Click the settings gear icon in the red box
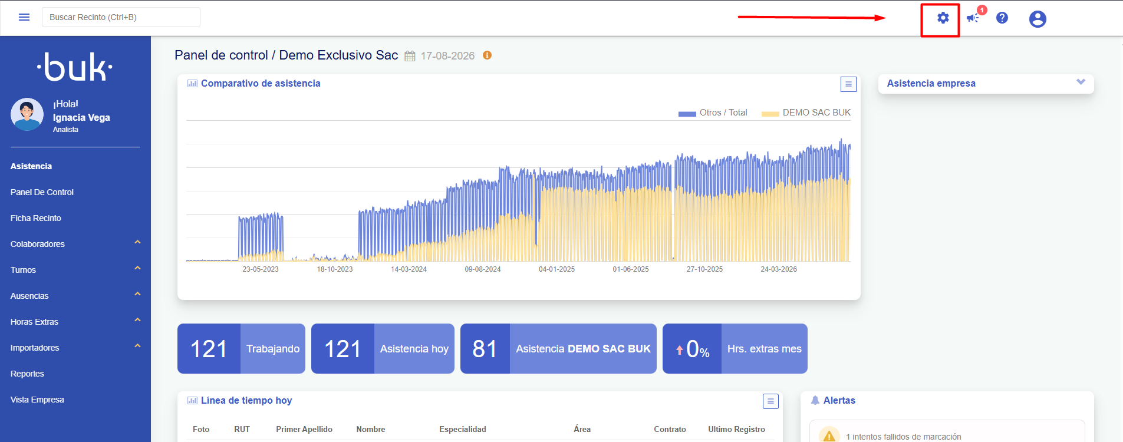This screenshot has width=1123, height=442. (x=943, y=18)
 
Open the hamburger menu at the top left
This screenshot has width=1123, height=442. (x=24, y=17)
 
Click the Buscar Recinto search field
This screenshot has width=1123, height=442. (x=121, y=17)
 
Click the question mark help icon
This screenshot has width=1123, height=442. (x=1002, y=18)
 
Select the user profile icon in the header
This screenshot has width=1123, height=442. (x=1038, y=19)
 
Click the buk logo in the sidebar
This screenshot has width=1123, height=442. (x=75, y=67)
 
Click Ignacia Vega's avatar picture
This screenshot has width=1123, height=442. (x=27, y=114)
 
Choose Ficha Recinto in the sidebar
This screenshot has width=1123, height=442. (x=36, y=218)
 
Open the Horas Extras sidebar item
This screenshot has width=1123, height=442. (x=34, y=322)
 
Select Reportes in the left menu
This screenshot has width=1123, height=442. (x=27, y=374)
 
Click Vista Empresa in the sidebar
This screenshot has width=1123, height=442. (x=37, y=400)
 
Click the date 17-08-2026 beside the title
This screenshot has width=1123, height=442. (x=447, y=56)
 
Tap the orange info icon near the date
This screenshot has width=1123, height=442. (x=487, y=55)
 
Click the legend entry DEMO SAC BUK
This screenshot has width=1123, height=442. (x=816, y=113)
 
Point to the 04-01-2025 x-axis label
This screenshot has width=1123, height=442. (x=556, y=269)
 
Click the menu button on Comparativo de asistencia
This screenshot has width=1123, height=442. (x=848, y=84)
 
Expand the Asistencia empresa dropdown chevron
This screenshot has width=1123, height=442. (x=1081, y=82)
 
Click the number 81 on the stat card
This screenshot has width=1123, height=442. (x=485, y=349)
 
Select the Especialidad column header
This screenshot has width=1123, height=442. (x=463, y=429)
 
